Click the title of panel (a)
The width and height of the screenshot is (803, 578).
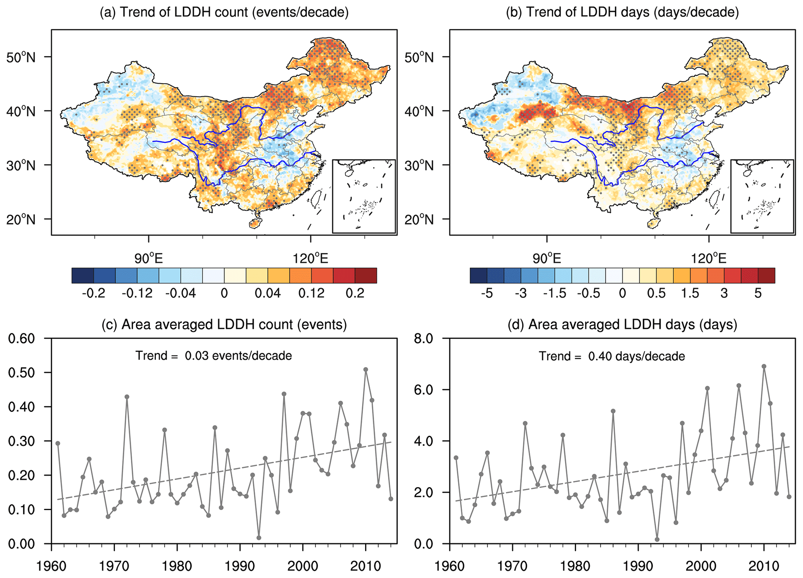coord(224,12)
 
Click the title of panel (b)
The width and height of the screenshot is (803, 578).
coord(622,12)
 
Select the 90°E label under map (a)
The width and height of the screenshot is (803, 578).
coord(148,258)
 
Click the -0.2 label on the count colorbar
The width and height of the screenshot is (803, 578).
coord(94,293)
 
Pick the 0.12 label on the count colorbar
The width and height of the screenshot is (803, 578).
coord(311,293)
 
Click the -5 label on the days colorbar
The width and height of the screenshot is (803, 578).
coord(487,293)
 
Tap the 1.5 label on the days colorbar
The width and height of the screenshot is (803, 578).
coord(690,293)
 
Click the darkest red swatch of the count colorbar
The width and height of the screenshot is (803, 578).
coord(366,275)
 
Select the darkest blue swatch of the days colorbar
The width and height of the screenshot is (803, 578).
coord(478,275)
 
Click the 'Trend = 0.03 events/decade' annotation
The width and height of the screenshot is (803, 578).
coord(214,356)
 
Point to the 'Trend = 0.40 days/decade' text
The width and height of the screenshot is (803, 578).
coord(611,356)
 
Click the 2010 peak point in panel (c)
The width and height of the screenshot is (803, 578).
coord(366,369)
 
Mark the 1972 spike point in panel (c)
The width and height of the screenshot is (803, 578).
coord(127,397)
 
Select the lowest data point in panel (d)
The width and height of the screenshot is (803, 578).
coord(657,540)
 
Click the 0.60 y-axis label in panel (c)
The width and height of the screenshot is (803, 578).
coord(21,339)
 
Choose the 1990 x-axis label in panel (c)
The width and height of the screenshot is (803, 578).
coord(240,566)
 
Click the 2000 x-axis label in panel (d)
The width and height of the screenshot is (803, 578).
coord(701,566)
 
